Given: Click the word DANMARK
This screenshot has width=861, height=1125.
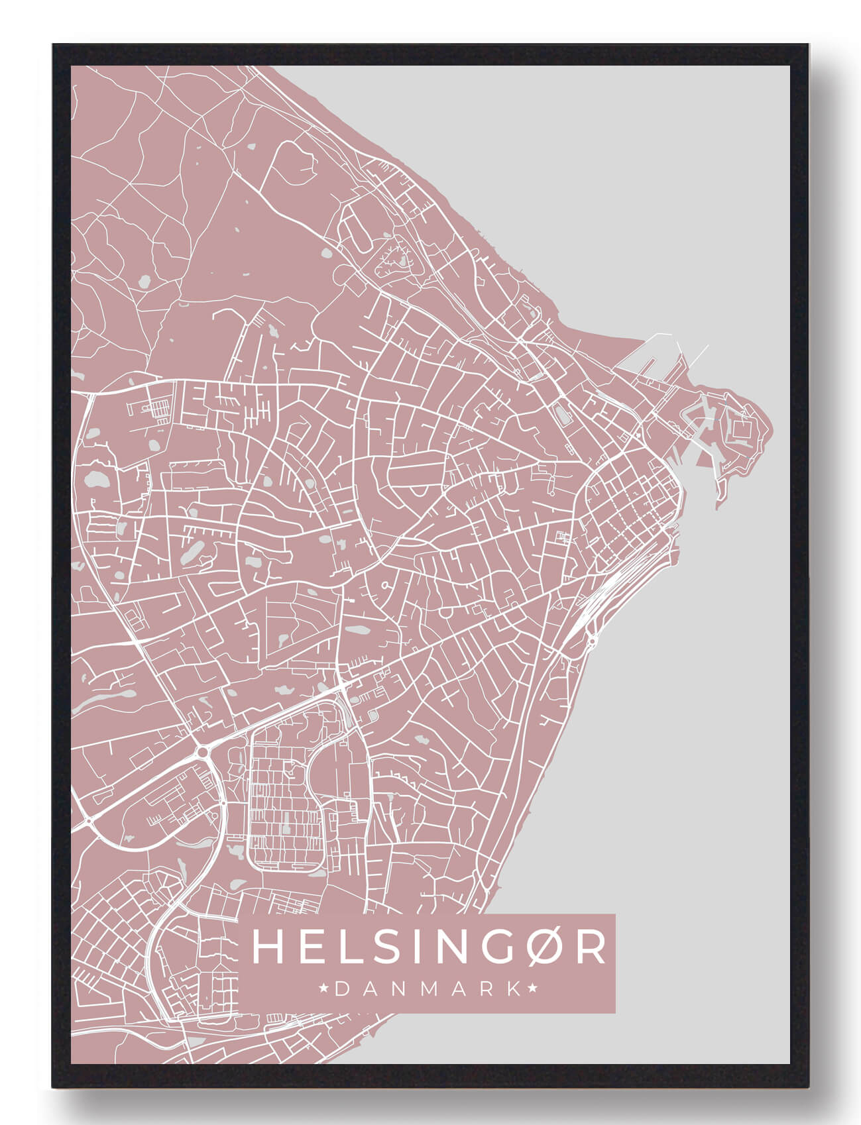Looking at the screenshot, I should point(428,989).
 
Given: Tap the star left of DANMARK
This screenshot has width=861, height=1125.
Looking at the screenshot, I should point(325,989).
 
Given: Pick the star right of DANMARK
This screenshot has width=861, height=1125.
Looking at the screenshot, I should point(532,989).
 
